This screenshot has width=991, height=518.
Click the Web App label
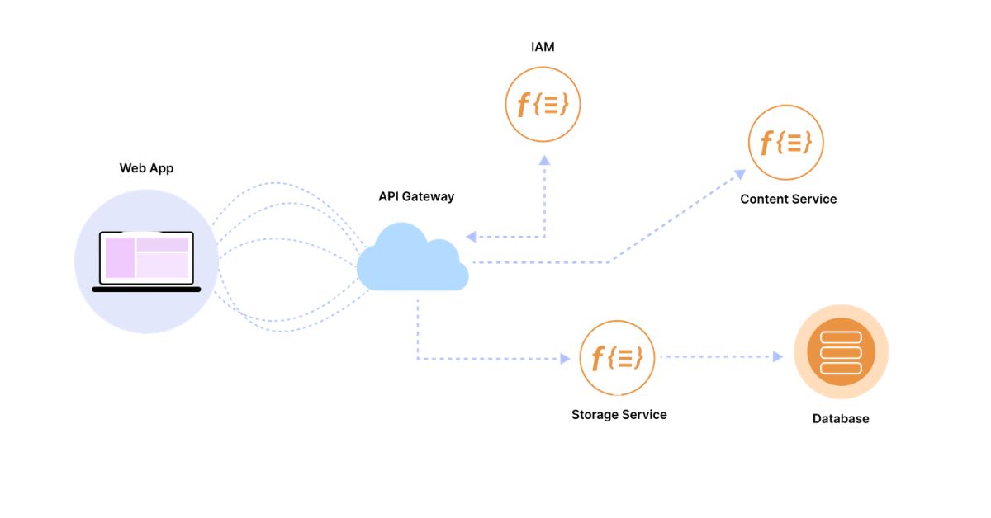tap(146, 168)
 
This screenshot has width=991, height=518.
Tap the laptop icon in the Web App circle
tap(146, 261)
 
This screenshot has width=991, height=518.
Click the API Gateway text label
tap(416, 196)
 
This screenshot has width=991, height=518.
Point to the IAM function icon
tap(543, 104)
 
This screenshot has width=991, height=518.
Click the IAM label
tap(543, 47)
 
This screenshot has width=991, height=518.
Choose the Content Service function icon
tap(786, 143)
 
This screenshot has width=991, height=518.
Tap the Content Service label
tap(788, 199)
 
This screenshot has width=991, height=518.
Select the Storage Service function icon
tap(618, 357)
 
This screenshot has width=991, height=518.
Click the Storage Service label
tap(619, 414)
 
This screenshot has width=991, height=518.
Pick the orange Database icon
tap(841, 352)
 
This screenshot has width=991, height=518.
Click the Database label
tap(841, 418)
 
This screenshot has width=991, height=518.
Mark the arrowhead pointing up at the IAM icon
tap(543, 159)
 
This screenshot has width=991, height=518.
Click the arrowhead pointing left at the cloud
tap(471, 237)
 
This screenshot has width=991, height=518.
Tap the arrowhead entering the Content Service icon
tap(740, 174)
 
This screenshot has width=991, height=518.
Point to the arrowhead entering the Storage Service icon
tap(565, 358)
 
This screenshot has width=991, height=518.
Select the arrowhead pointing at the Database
tap(777, 357)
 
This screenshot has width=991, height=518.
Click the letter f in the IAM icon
tap(523, 105)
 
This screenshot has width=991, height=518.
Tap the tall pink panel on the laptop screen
tap(120, 257)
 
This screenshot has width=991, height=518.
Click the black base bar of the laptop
tap(146, 290)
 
